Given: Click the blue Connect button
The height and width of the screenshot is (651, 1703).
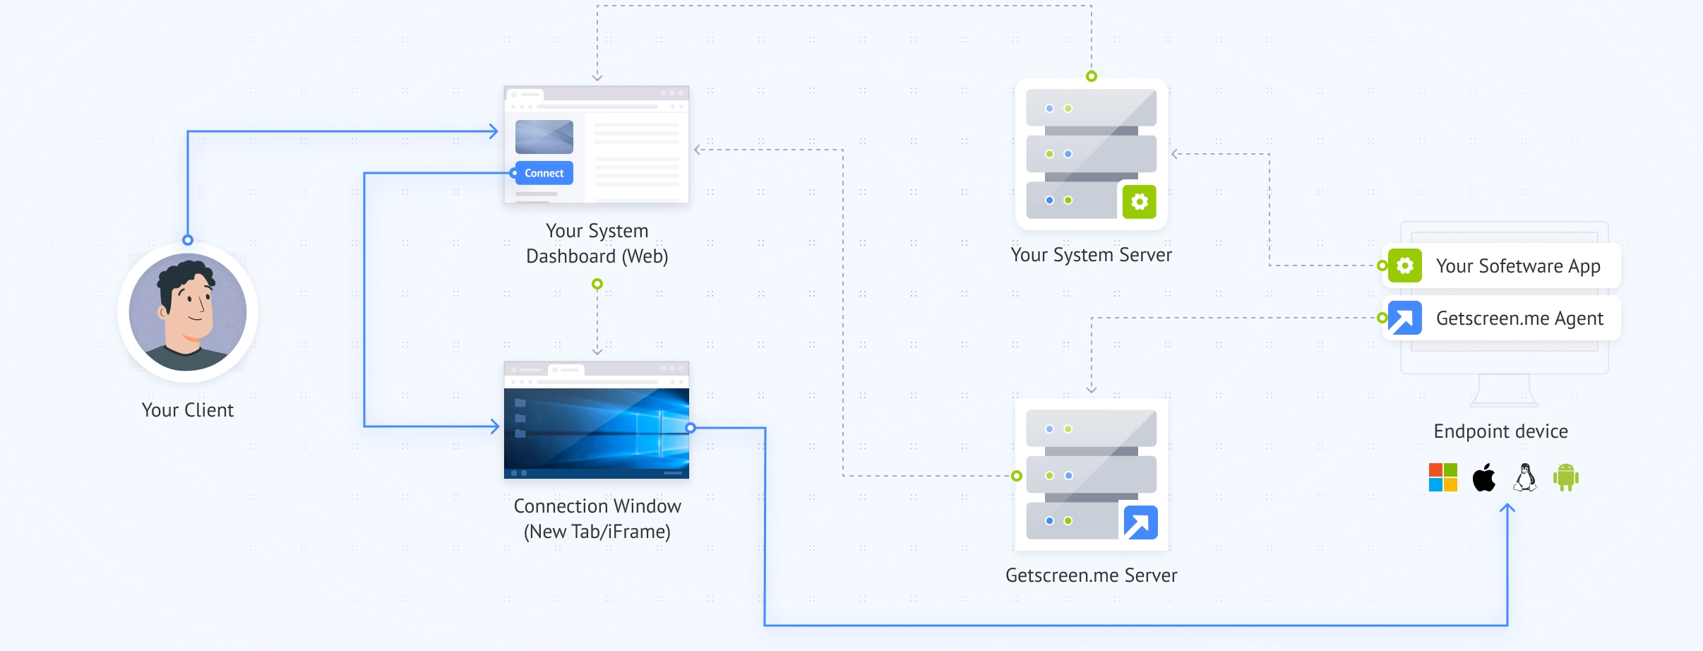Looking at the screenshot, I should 544,173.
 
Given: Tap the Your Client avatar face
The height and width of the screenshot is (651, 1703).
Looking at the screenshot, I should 187,311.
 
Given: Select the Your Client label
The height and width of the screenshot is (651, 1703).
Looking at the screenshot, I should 187,410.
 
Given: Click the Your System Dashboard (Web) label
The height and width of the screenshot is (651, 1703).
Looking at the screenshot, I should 597,244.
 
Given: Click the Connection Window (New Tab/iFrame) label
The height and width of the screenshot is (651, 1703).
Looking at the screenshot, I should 597,519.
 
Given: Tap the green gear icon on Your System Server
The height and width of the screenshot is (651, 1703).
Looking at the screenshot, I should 1139,202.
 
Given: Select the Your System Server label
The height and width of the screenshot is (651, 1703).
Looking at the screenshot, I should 1091,255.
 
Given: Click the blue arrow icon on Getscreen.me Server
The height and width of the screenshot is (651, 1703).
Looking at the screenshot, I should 1140,523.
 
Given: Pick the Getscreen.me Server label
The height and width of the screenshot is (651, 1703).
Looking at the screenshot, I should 1091,575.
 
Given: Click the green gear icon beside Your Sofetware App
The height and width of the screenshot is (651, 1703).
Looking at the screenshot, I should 1404,265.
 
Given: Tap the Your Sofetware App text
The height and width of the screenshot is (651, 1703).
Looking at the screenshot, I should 1518,266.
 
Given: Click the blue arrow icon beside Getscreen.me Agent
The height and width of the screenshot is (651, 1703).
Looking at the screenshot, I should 1404,318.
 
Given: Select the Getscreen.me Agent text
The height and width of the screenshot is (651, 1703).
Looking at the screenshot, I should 1519,318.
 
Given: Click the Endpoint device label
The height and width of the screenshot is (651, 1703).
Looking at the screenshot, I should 1500,431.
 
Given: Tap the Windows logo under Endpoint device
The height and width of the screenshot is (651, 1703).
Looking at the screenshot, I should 1442,477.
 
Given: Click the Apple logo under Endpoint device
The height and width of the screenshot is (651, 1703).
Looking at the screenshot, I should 1483,477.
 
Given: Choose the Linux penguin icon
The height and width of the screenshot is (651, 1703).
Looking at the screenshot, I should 1525,477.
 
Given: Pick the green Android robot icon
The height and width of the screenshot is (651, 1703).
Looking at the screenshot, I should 1565,477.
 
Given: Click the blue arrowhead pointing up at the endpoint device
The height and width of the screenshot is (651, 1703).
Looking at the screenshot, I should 1507,508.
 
